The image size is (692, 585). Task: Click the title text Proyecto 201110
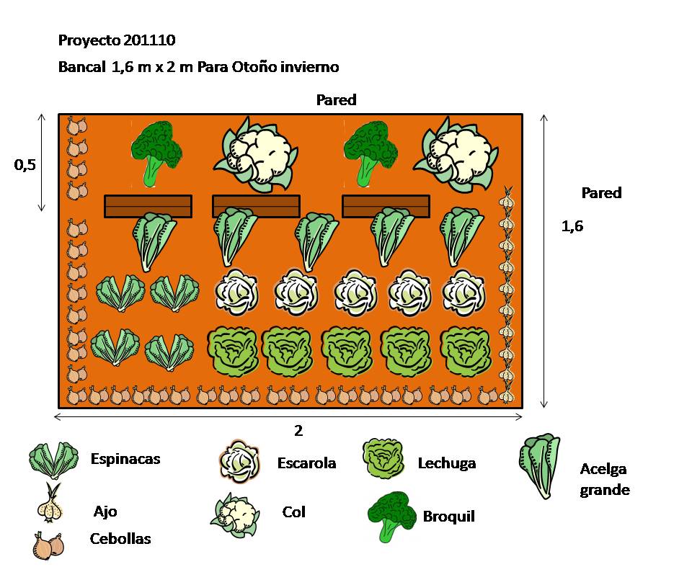click(x=116, y=40)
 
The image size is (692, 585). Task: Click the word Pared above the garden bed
click(x=336, y=100)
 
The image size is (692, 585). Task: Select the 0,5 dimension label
click(x=25, y=165)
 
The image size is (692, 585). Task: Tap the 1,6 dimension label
click(x=572, y=226)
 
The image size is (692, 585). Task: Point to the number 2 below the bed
click(x=298, y=431)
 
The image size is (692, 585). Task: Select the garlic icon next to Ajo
click(x=51, y=504)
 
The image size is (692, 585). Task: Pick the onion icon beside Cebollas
click(x=48, y=545)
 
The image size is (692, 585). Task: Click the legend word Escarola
click(x=306, y=463)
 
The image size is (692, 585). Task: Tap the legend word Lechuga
click(x=447, y=463)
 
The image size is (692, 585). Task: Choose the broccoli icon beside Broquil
click(x=392, y=516)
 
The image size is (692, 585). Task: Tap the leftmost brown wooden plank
click(x=148, y=206)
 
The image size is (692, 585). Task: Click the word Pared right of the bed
click(x=601, y=193)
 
